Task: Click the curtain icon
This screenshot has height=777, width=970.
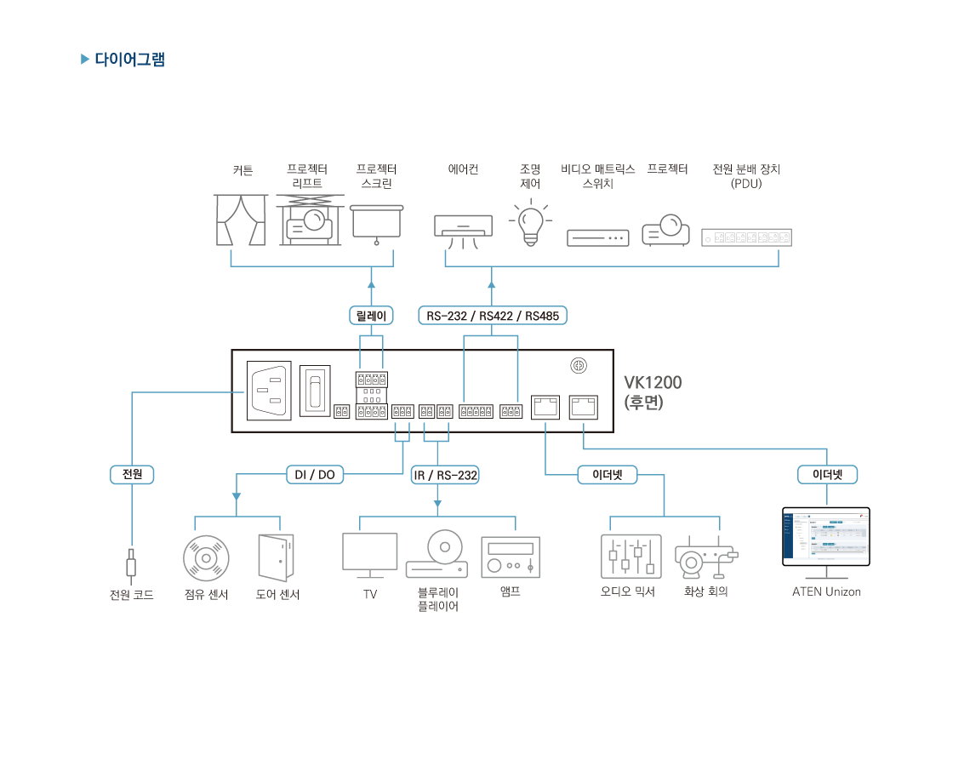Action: tap(239, 220)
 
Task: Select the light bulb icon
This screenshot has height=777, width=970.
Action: tap(530, 223)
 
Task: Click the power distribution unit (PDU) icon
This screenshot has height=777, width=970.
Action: tap(746, 237)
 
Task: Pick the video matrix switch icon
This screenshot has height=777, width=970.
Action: tap(597, 237)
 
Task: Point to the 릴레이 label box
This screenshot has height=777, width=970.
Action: tap(371, 316)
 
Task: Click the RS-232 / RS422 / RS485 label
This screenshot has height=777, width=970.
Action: tap(493, 316)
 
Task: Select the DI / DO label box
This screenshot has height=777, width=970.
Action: tap(315, 475)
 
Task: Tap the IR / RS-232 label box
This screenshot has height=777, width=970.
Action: tap(445, 475)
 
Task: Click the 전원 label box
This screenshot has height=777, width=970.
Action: tap(132, 475)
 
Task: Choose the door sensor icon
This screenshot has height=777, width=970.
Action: tap(276, 557)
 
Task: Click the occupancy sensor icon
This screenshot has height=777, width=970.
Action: tap(206, 558)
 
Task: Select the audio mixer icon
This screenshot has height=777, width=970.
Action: tap(630, 557)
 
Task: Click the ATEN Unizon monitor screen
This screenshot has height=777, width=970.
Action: tap(825, 536)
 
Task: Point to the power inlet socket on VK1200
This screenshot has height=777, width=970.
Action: tap(269, 391)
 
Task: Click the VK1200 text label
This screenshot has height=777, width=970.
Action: tap(653, 383)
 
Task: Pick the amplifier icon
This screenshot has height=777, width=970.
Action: tap(510, 557)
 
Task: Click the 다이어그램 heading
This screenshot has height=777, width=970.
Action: tap(129, 60)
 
